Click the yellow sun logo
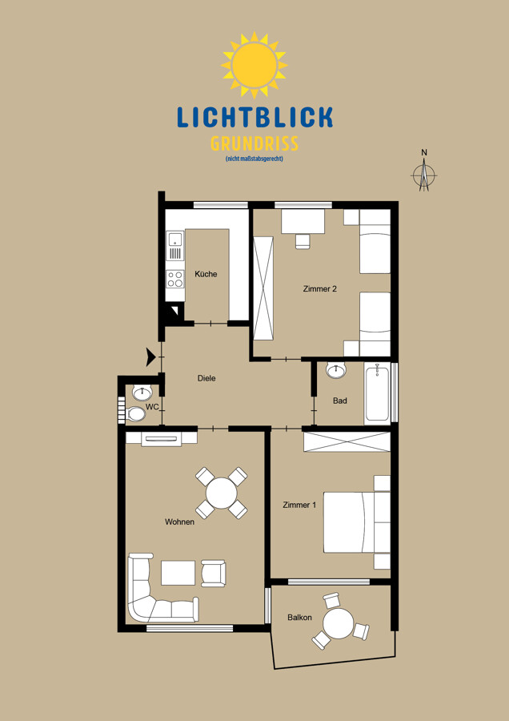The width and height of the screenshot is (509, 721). (x=254, y=66)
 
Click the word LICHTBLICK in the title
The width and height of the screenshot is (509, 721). (x=255, y=117)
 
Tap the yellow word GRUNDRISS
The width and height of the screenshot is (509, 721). (x=254, y=144)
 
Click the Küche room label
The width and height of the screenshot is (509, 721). (x=206, y=274)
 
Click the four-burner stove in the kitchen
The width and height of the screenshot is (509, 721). (x=174, y=279)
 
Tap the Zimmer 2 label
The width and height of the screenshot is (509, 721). (x=320, y=288)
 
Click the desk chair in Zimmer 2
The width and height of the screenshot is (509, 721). (x=303, y=241)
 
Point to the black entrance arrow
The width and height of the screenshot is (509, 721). (x=151, y=356)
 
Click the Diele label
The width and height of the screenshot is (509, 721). (x=206, y=378)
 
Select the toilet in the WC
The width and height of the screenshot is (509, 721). (x=135, y=414)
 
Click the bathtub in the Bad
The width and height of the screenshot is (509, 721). (x=377, y=393)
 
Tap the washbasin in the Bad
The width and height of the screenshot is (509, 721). (x=337, y=370)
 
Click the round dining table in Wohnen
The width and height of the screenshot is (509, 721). (x=222, y=493)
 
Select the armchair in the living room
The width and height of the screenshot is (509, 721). (x=213, y=573)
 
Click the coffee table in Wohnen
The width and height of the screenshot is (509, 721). (x=178, y=573)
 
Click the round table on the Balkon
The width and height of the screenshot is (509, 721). (x=338, y=623)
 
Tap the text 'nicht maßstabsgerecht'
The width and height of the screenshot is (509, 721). (x=254, y=159)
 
